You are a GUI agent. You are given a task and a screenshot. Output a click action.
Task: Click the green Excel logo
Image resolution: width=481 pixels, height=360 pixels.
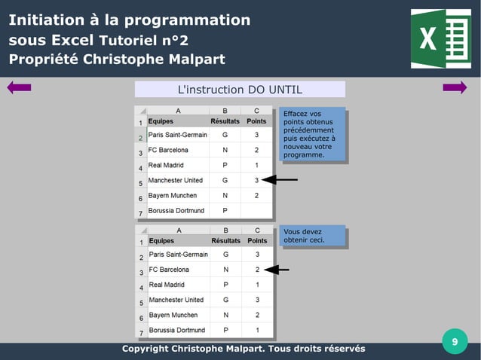(x=440, y=38)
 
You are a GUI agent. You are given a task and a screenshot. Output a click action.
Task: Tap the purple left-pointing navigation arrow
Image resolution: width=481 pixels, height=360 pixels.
(x=19, y=88)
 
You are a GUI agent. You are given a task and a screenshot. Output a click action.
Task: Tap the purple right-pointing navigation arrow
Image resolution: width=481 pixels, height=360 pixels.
(x=455, y=88)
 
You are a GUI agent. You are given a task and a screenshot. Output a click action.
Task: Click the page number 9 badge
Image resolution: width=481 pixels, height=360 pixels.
(x=454, y=342)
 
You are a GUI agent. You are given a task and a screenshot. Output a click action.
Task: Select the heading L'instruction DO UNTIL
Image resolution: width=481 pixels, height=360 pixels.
(x=240, y=90)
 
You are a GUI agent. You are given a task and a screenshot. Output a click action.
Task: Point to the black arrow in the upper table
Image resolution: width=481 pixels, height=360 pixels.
(x=284, y=180)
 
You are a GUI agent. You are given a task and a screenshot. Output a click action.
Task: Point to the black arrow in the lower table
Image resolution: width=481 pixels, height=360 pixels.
(x=278, y=269)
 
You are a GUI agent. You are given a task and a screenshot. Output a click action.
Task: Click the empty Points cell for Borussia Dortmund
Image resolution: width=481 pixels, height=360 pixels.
(x=256, y=210)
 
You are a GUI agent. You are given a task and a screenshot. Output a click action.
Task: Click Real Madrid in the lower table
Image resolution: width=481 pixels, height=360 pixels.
(x=167, y=285)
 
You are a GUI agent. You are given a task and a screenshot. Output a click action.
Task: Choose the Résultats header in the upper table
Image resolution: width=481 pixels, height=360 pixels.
(x=225, y=121)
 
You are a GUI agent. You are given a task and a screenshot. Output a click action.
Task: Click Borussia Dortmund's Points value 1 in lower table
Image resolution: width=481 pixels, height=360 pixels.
(x=256, y=330)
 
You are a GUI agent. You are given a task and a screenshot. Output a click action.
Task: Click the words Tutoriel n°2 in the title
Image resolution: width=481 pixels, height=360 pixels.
(x=143, y=40)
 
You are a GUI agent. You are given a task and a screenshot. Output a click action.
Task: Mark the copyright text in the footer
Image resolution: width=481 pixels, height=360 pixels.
(x=244, y=349)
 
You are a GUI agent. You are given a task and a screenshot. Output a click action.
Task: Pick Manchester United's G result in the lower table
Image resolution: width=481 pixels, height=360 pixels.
(x=225, y=300)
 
